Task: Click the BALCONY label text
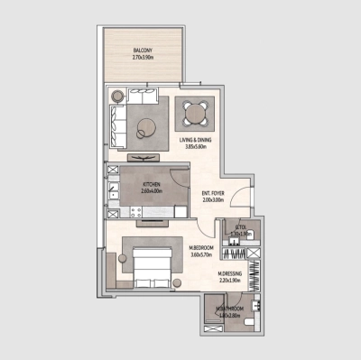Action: (x=141, y=51)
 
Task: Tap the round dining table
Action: (x=195, y=115)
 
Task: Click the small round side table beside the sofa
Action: (x=115, y=94)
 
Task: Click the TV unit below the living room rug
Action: (x=144, y=160)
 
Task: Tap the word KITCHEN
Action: (x=150, y=183)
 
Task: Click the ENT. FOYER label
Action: (x=213, y=192)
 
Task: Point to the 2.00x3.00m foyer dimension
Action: (x=213, y=199)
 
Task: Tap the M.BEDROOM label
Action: (x=200, y=247)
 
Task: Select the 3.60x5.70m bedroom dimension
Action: (x=200, y=254)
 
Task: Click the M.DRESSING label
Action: (x=231, y=273)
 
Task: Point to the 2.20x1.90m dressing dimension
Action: (x=231, y=281)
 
